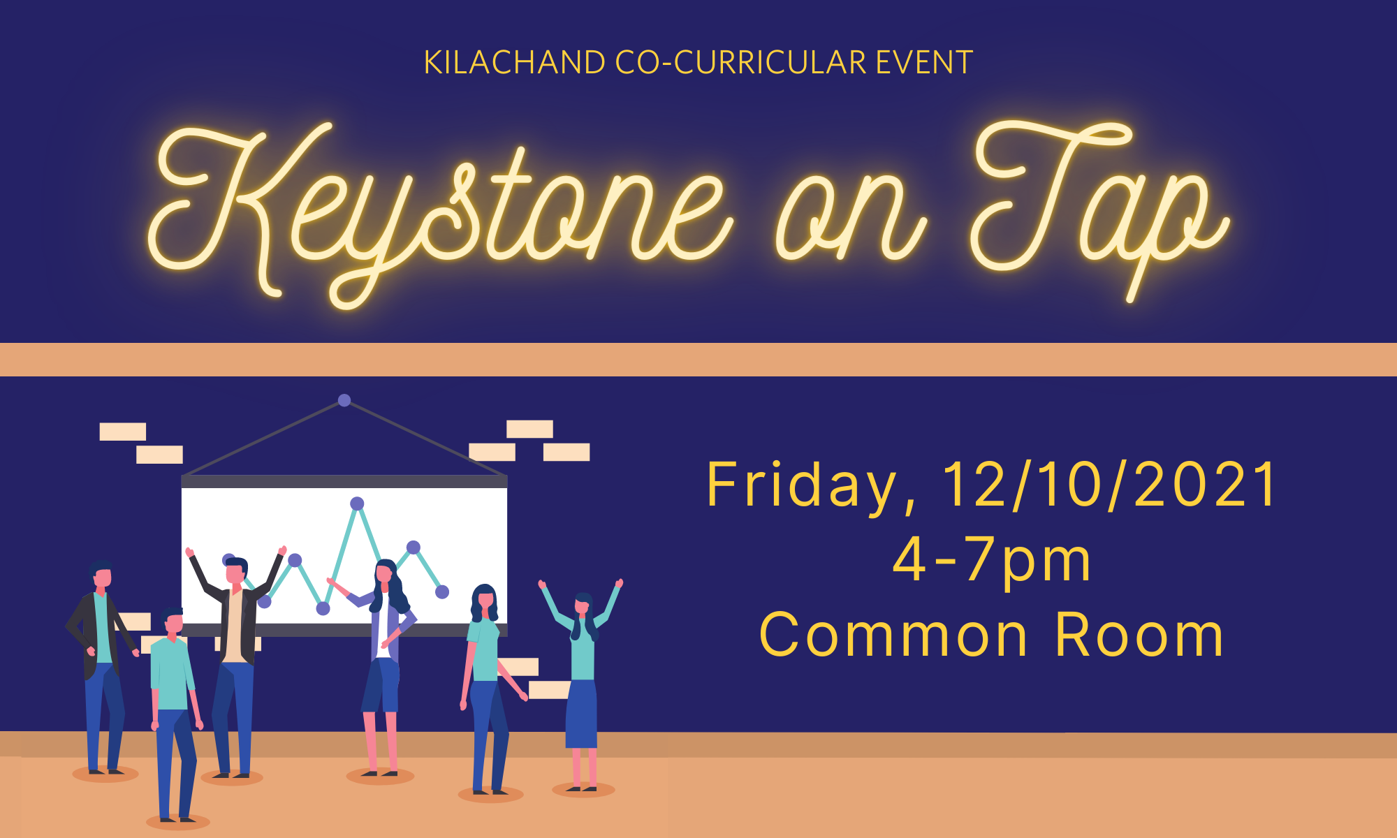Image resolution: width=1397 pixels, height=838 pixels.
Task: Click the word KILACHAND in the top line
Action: pyautogui.click(x=515, y=63)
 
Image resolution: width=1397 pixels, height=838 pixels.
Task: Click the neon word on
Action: pyautogui.click(x=851, y=220)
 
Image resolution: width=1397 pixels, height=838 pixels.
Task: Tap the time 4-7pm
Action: pyautogui.click(x=992, y=561)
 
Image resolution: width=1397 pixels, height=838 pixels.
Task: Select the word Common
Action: pyautogui.click(x=893, y=635)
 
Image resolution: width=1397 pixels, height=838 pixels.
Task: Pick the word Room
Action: pyautogui.click(x=1139, y=635)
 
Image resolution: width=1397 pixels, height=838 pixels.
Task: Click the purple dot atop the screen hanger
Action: pyautogui.click(x=344, y=400)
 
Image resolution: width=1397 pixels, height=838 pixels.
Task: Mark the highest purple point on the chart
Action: pyautogui.click(x=357, y=503)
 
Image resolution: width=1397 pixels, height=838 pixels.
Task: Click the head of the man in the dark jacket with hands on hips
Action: pyautogui.click(x=102, y=576)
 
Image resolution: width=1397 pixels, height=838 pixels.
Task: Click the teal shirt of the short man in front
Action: pyautogui.click(x=170, y=672)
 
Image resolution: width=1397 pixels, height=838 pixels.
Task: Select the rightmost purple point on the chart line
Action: pyautogui.click(x=442, y=592)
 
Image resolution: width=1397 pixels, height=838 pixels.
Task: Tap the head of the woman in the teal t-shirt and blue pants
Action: pyautogui.click(x=485, y=599)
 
